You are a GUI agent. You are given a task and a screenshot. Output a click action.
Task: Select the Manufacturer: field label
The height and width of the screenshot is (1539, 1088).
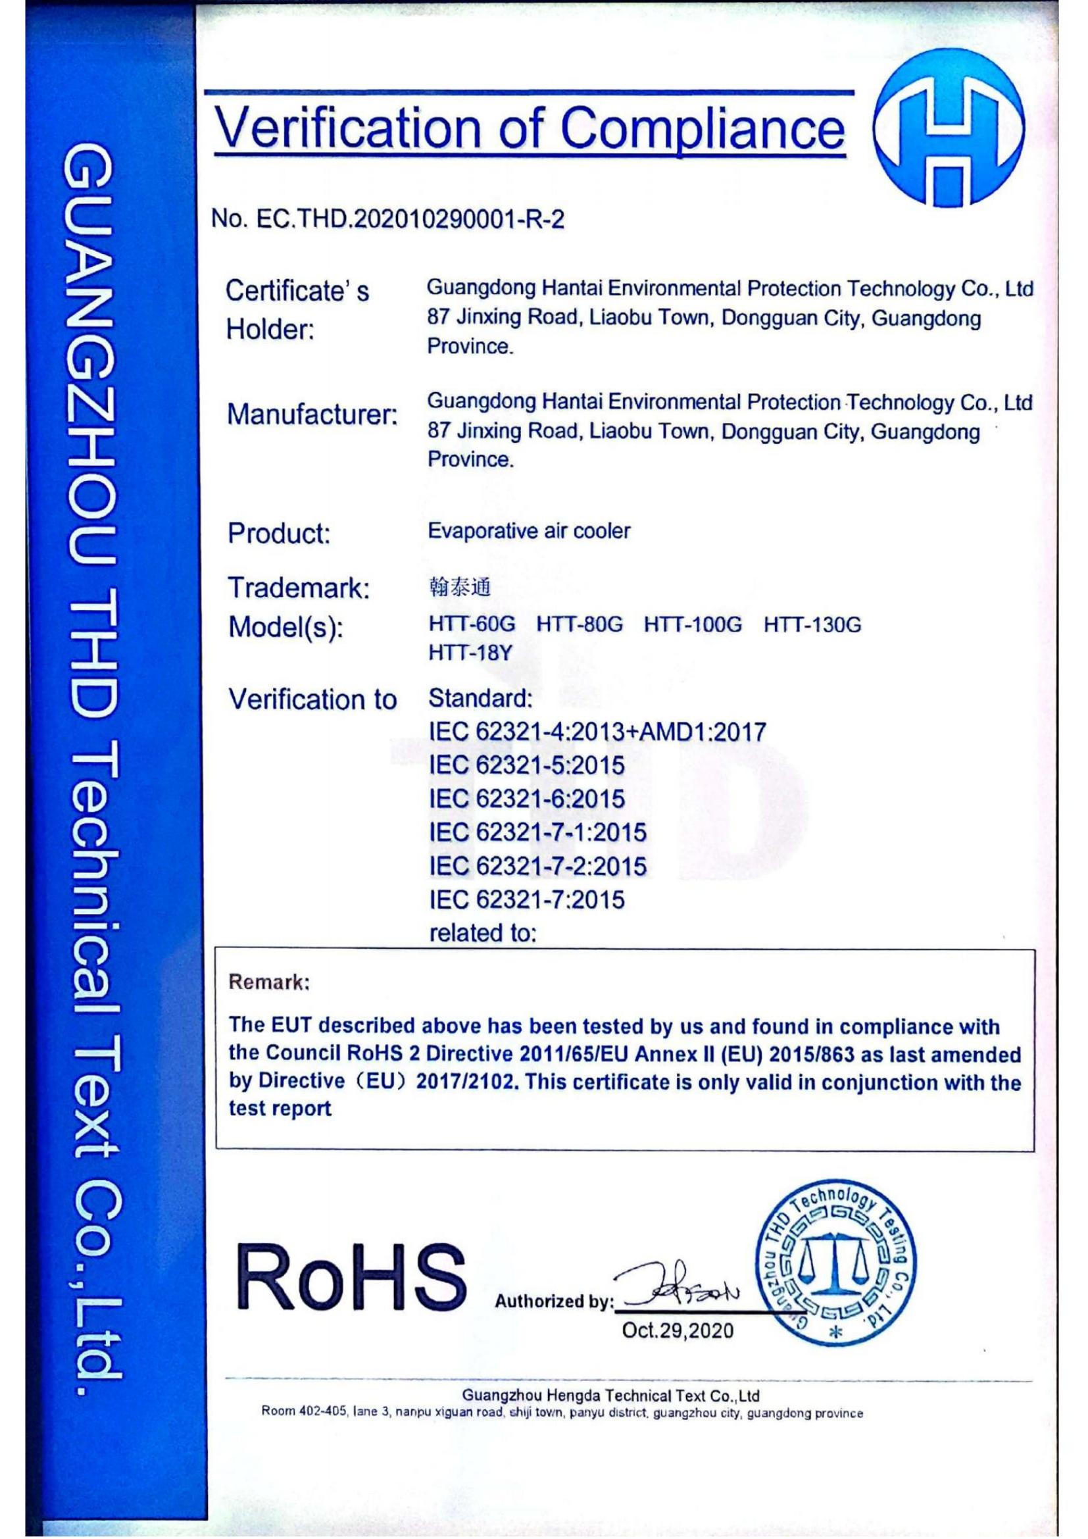pos(312,415)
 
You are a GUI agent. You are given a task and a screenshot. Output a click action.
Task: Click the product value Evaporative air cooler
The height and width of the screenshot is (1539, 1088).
pos(529,532)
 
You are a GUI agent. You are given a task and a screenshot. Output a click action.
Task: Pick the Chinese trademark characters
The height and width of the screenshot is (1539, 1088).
pos(459,588)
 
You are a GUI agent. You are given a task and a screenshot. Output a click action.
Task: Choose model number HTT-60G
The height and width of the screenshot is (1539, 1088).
pos(472,624)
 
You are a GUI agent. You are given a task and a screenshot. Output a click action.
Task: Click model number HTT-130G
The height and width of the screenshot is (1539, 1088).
pos(812,624)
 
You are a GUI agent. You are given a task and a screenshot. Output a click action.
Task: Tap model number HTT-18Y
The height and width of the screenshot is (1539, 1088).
pos(469,653)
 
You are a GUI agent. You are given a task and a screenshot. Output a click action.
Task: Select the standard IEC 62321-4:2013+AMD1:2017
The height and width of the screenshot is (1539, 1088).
pos(597,731)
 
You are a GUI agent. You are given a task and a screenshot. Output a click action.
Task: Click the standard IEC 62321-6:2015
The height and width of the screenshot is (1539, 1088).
pos(527,798)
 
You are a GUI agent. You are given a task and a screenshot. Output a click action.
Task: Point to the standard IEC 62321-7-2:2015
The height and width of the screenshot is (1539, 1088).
pos(537,866)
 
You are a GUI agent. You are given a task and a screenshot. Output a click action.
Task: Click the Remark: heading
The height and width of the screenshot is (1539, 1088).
pos(269,982)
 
